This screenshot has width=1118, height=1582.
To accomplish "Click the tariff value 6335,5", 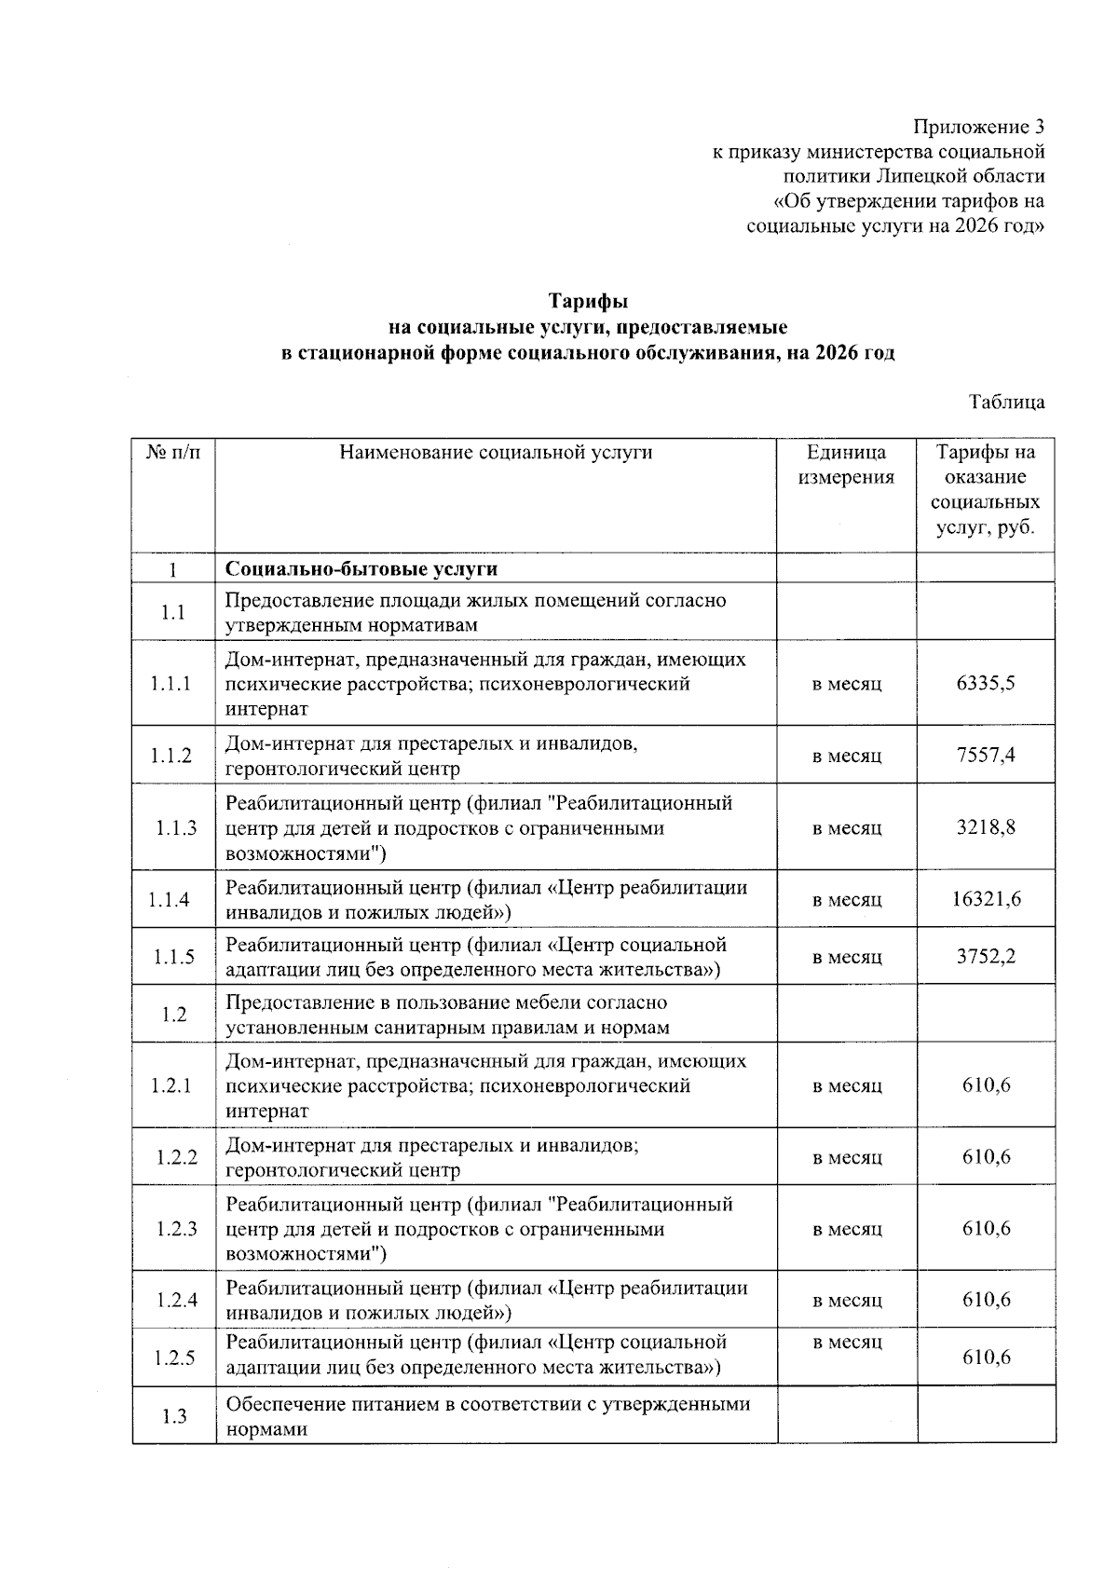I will click(x=986, y=683).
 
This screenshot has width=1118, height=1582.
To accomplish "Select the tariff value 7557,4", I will click(x=986, y=755).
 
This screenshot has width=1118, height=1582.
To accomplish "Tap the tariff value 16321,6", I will click(x=986, y=899).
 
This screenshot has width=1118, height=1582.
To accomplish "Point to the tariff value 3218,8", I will click(x=986, y=827).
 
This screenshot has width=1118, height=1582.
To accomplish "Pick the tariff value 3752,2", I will click(x=986, y=957).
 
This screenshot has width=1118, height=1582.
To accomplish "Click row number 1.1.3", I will click(x=174, y=827).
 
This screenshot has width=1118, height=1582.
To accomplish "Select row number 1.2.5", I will click(x=174, y=1357).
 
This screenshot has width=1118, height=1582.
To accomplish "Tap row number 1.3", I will click(x=174, y=1416).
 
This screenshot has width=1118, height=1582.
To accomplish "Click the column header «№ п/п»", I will click(x=174, y=453).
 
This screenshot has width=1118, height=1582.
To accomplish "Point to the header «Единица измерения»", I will click(x=846, y=465).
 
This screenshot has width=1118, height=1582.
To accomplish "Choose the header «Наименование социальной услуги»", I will click(x=496, y=453).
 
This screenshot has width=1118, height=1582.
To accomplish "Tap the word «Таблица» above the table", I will click(x=1006, y=402).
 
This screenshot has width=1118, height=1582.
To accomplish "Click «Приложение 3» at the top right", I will click(x=978, y=127).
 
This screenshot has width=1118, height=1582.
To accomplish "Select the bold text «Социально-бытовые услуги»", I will click(x=361, y=568).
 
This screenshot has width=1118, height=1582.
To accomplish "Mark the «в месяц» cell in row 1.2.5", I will click(x=846, y=1343).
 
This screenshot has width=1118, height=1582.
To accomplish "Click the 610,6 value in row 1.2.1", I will click(x=986, y=1085).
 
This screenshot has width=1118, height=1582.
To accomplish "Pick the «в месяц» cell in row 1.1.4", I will click(x=846, y=900).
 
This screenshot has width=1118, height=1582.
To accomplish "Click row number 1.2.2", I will click(x=176, y=1157).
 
